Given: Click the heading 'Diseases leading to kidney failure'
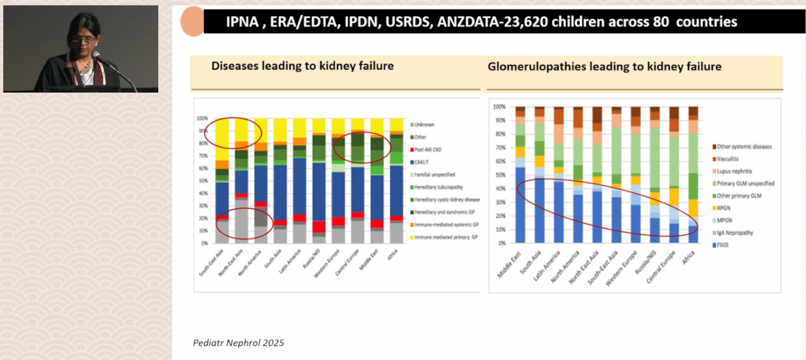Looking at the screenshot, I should point(302,66).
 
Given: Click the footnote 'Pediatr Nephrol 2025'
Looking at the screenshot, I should point(238,343).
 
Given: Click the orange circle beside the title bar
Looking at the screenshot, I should point(192,22).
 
